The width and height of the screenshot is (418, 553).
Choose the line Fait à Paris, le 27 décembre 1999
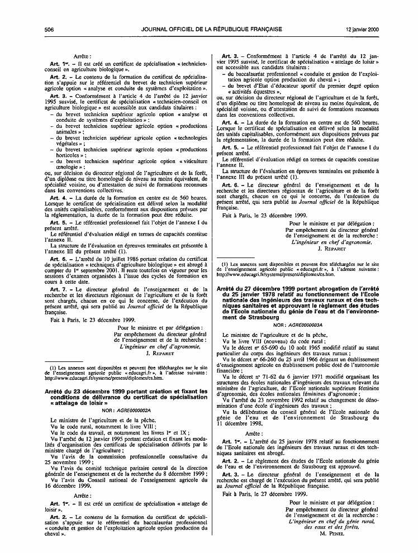click(x=264, y=494)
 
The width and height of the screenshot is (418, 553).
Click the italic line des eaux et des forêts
click(x=331, y=527)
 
